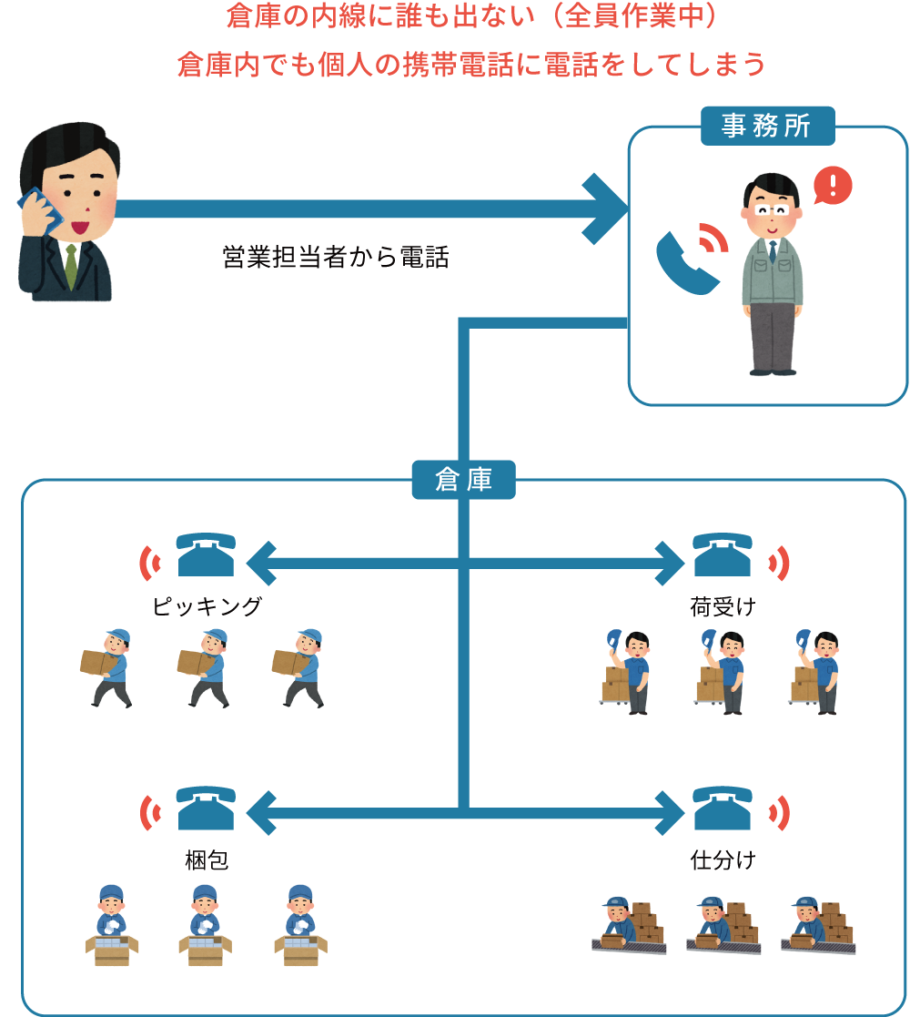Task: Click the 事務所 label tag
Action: [x=766, y=127]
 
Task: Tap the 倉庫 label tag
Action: [x=463, y=480]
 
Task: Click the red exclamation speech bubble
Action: [x=832, y=186]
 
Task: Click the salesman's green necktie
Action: [x=71, y=264]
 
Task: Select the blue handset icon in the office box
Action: [x=685, y=263]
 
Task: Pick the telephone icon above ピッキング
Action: [x=206, y=554]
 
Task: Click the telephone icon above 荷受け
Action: [x=722, y=554]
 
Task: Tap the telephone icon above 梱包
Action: [x=206, y=808]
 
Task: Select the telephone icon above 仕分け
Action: [x=722, y=808]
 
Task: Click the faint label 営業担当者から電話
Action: [x=336, y=258]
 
